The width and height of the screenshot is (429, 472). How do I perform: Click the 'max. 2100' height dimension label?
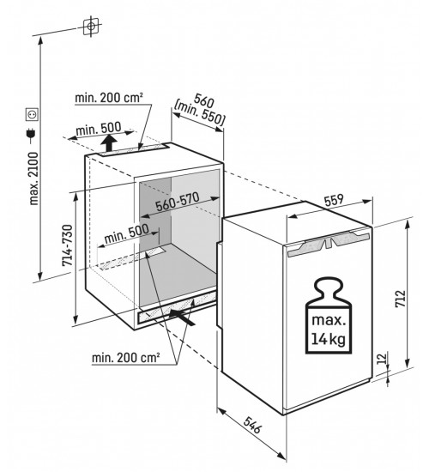[34, 179]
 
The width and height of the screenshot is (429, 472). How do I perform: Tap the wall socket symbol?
[32, 114]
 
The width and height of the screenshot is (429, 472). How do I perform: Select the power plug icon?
[31, 136]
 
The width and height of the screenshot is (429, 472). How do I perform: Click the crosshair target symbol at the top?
[91, 27]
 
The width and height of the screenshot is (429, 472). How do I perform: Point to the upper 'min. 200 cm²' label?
[109, 98]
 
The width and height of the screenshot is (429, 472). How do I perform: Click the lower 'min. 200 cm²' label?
[125, 358]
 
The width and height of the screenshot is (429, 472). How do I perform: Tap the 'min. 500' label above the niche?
[99, 129]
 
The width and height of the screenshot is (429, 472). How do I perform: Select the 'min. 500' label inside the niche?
[126, 234]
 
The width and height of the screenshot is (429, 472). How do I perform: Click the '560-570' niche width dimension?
[178, 202]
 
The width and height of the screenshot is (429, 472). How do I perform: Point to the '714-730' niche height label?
[68, 245]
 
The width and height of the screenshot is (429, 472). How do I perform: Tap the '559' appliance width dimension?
[334, 200]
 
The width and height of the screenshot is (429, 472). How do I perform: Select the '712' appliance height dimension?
[401, 299]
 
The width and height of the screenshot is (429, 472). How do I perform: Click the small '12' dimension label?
[381, 358]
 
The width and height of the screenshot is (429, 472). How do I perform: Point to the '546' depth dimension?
[252, 425]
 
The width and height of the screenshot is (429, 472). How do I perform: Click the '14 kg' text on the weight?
[328, 339]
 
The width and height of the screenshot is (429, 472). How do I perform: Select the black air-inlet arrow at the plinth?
[182, 318]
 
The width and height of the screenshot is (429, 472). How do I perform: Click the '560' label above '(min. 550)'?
[204, 100]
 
